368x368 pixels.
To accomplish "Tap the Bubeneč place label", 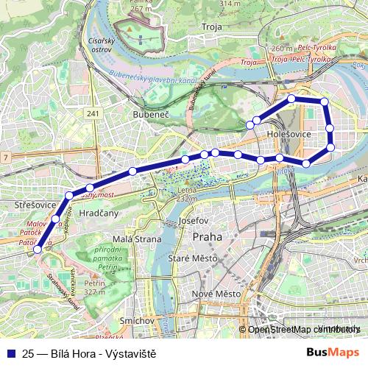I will [150, 115].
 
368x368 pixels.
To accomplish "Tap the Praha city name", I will [206, 237].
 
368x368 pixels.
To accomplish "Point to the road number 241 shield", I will [91, 113].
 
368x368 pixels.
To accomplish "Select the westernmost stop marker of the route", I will [38, 250].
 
